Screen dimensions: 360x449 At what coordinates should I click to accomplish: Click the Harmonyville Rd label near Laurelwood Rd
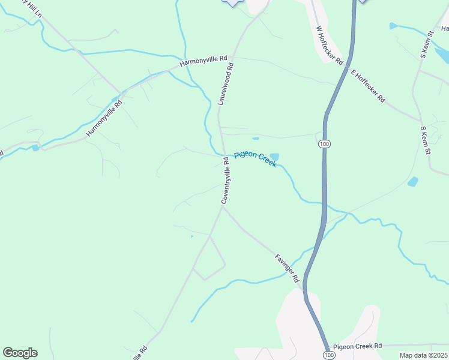click(x=204, y=61)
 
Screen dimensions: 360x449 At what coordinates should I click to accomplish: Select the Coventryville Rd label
click(x=226, y=181)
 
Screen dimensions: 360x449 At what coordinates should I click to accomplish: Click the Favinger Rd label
click(x=287, y=268)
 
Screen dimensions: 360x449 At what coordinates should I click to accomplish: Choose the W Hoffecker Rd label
click(x=329, y=45)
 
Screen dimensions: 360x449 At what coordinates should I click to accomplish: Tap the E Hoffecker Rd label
click(x=367, y=86)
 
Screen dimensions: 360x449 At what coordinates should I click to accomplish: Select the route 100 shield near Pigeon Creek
click(x=324, y=145)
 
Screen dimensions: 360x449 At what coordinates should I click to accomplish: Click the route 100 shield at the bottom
click(x=325, y=356)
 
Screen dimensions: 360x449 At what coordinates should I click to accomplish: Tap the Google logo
click(x=20, y=353)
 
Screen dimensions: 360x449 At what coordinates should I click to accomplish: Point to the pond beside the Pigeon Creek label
click(x=274, y=157)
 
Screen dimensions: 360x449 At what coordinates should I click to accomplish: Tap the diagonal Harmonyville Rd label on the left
click(x=104, y=117)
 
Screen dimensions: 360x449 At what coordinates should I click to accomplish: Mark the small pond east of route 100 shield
click(x=413, y=181)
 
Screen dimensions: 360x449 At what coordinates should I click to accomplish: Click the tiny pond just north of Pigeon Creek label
click(x=256, y=139)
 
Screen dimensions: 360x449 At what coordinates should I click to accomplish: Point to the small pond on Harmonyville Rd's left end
click(x=36, y=148)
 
